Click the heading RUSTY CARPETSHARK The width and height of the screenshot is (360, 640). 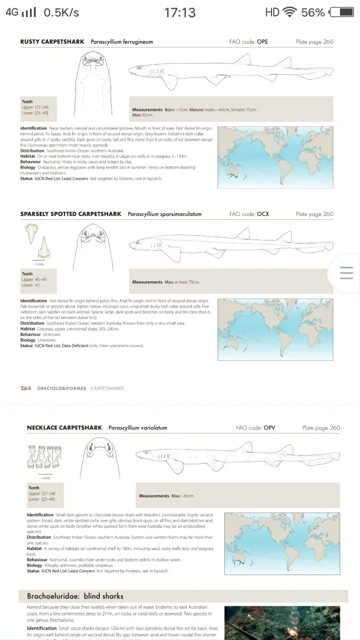coord(53,42)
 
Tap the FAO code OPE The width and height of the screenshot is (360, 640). coord(263,42)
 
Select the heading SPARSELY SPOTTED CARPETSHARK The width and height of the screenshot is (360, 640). coord(71,214)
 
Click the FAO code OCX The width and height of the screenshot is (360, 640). coord(263,214)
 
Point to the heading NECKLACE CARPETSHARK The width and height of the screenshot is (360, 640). coord(64,428)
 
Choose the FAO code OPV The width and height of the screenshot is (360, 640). coord(269,428)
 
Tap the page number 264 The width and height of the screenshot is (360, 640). coord(26,388)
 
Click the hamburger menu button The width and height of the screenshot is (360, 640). coord(346,273)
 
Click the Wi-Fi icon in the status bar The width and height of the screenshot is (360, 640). coord(289,12)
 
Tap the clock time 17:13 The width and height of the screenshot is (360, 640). coord(180,12)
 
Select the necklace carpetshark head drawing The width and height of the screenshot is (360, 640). coord(100,453)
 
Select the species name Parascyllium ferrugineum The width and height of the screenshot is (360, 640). coord(122,42)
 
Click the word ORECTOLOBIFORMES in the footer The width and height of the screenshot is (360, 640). coord(61,388)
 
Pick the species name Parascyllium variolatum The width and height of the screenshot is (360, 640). coord(137,428)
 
